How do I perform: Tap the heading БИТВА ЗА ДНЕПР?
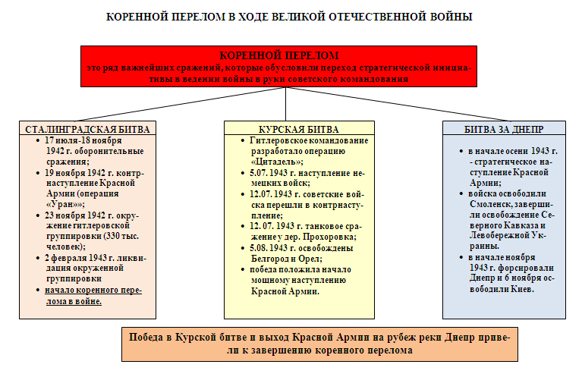tap(504, 128)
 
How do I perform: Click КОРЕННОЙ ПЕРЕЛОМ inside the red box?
tap(278, 56)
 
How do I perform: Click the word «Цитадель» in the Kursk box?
tap(276, 161)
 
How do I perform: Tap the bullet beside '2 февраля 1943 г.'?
tap(37, 258)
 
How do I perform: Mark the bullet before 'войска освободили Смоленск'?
tap(461, 193)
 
